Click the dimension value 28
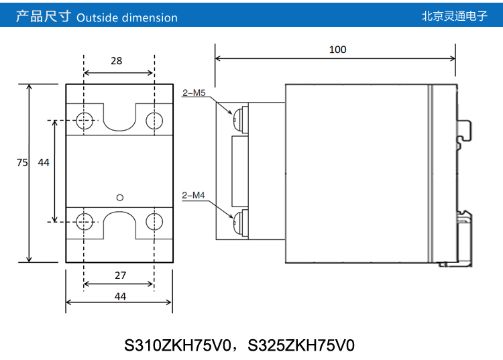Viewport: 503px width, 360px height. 117,61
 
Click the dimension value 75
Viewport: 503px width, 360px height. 22,162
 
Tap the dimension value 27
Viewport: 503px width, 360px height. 120,276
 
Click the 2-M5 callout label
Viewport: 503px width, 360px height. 193,93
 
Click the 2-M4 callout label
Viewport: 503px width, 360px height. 193,196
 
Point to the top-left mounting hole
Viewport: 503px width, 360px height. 84,121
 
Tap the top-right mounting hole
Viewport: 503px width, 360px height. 155,121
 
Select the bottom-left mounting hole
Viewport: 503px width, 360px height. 84,221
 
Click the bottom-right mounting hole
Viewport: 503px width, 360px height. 155,221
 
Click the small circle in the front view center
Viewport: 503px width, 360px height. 120,196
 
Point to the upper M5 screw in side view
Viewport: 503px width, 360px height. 237,120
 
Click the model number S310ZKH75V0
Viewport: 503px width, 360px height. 178,346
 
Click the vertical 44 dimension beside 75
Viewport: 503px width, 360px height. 44,162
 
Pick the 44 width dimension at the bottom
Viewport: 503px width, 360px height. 120,296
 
